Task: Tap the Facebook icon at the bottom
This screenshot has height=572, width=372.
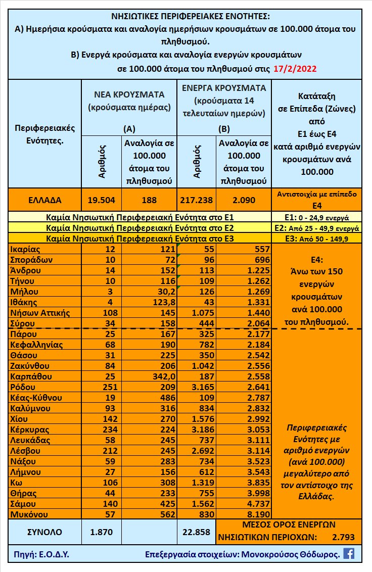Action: click(349, 553)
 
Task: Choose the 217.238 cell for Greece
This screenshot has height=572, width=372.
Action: click(197, 200)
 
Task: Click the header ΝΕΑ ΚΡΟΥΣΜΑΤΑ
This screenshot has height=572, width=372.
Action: click(129, 94)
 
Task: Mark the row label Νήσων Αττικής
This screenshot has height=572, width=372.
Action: click(39, 312)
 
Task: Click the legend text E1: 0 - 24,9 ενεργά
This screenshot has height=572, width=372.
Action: click(317, 218)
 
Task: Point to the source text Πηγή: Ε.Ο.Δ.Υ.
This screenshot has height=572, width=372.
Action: click(39, 554)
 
